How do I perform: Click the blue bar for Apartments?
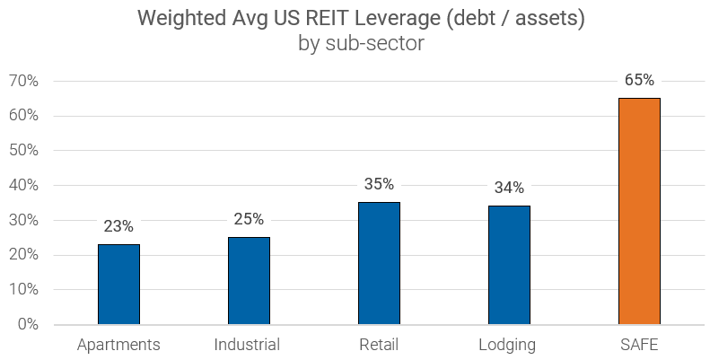click(118, 285)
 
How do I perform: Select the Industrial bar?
click(249, 281)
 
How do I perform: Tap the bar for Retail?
click(379, 263)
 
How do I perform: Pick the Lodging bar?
click(509, 265)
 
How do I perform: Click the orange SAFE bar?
click(639, 211)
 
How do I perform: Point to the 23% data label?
click(118, 226)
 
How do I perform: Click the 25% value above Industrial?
click(249, 219)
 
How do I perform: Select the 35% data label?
click(379, 184)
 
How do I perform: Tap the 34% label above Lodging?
click(509, 188)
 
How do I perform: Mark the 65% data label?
click(639, 80)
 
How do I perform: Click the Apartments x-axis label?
click(118, 345)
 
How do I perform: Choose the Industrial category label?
click(248, 345)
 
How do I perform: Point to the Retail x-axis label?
click(378, 345)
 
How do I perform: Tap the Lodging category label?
click(508, 345)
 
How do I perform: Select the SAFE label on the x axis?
click(639, 345)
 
